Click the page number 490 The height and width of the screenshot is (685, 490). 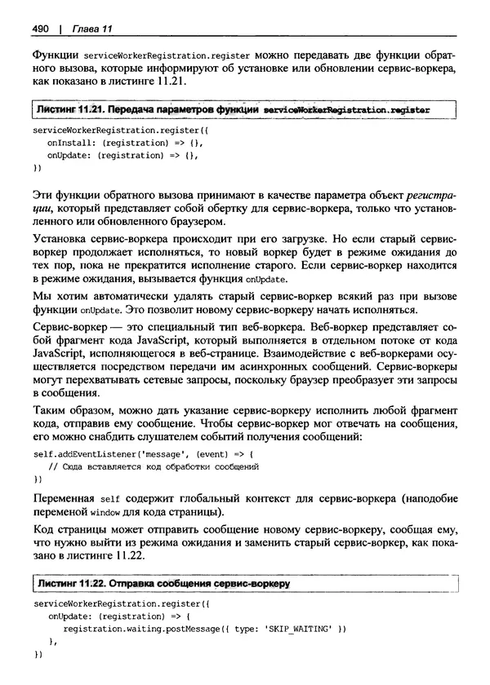[x=42, y=29]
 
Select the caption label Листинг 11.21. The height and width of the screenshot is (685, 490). [x=67, y=108]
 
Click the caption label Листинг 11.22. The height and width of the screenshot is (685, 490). [x=67, y=584]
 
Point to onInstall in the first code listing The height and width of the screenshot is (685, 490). [x=66, y=142]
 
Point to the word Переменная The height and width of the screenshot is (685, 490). [x=61, y=498]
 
